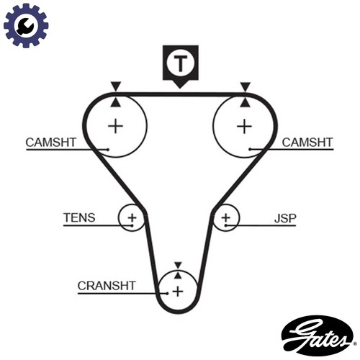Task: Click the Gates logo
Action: click(x=318, y=336)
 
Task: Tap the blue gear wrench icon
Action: click(x=26, y=25)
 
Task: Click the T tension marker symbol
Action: click(x=181, y=66)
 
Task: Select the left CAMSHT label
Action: click(x=51, y=143)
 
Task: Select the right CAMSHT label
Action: click(x=307, y=143)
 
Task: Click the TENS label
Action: click(x=79, y=217)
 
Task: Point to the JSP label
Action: click(x=285, y=218)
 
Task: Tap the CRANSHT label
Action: click(x=107, y=286)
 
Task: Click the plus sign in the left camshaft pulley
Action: click(x=116, y=126)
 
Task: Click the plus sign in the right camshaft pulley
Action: click(x=244, y=126)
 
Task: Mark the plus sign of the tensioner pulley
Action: click(x=132, y=218)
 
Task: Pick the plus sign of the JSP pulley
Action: click(x=225, y=218)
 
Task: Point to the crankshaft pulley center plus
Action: click(x=178, y=292)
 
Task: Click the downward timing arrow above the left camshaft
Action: click(x=116, y=86)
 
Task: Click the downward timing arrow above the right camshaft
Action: click(x=246, y=86)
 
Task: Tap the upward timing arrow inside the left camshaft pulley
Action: click(x=116, y=102)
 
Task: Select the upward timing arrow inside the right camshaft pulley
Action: click(x=245, y=102)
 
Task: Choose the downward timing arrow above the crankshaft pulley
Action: click(x=178, y=265)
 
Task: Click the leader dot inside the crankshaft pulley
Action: click(x=167, y=293)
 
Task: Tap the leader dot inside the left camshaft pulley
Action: click(x=108, y=150)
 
